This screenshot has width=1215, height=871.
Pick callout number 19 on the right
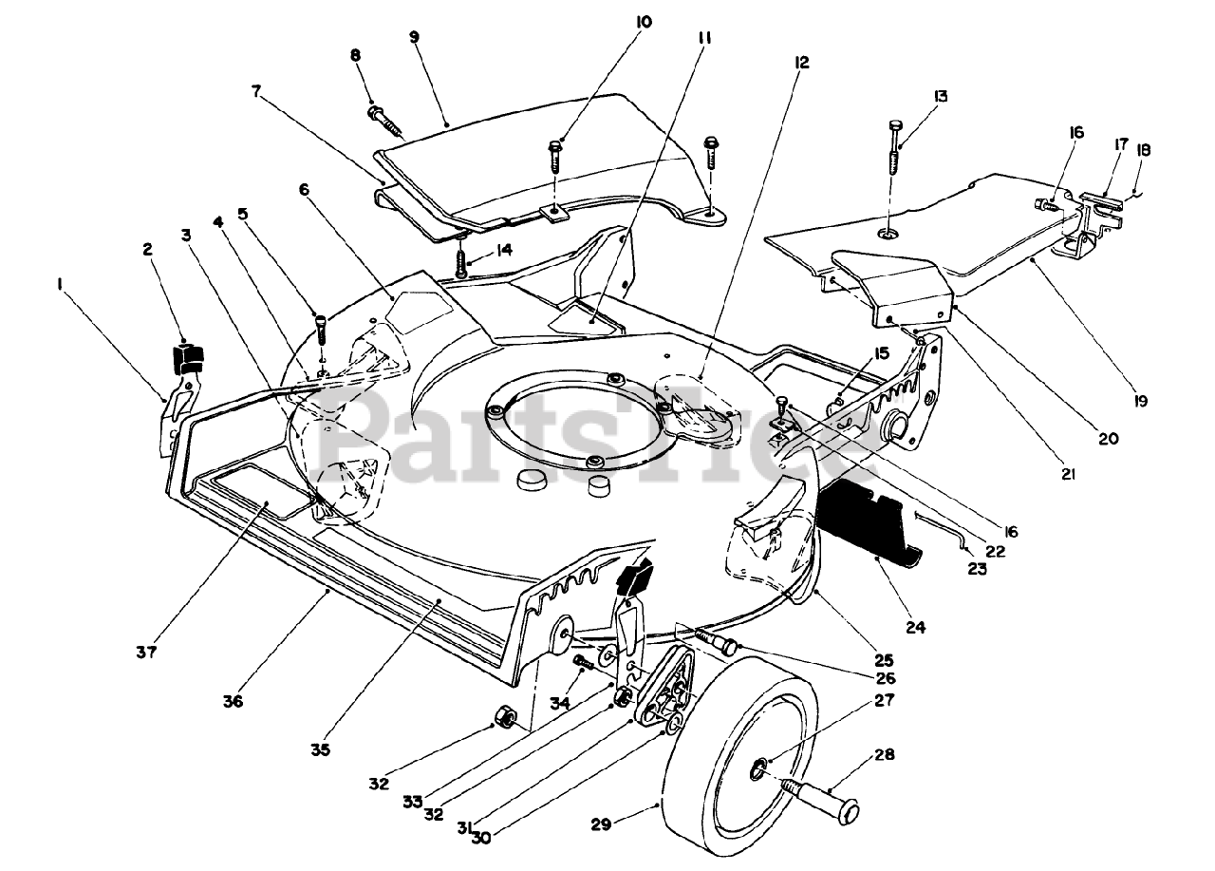click(x=1140, y=401)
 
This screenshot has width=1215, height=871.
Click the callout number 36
click(x=234, y=702)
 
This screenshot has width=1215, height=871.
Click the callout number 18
click(x=1143, y=149)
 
